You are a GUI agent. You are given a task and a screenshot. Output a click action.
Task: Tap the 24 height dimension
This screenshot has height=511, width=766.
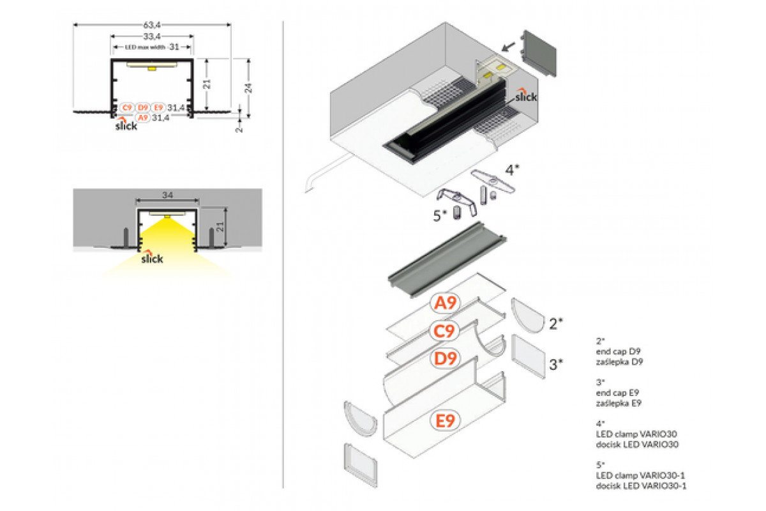tap(250, 88)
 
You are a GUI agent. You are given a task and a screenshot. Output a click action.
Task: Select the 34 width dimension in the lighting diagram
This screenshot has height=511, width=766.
tap(167, 195)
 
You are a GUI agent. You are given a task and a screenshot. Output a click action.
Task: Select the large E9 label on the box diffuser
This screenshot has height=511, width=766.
tap(445, 420)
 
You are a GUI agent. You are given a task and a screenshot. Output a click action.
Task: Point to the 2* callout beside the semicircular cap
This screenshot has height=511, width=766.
tap(555, 323)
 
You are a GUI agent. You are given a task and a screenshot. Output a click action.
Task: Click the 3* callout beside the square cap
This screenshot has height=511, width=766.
tap(556, 364)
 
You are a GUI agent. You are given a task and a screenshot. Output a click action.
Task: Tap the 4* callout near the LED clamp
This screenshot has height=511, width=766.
tap(513, 170)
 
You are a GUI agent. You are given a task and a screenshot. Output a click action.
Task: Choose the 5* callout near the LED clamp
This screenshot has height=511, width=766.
tap(440, 216)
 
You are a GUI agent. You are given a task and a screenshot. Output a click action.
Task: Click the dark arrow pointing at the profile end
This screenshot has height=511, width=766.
tap(509, 46)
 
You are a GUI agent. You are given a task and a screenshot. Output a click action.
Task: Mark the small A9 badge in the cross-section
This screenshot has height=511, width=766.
tap(142, 118)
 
